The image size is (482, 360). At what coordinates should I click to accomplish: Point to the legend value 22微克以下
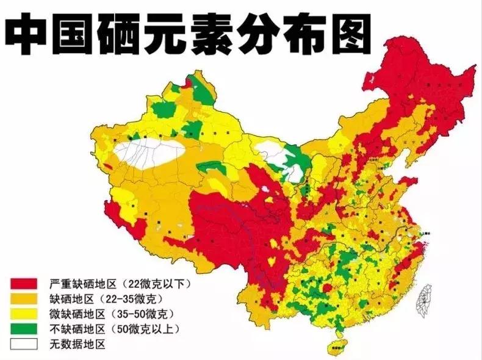tap(157, 284)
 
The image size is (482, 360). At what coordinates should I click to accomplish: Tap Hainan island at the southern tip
tap(335, 349)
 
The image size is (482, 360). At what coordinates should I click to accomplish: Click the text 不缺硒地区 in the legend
tap(77, 329)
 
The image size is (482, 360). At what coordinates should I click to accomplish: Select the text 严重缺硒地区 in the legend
tap(82, 284)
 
